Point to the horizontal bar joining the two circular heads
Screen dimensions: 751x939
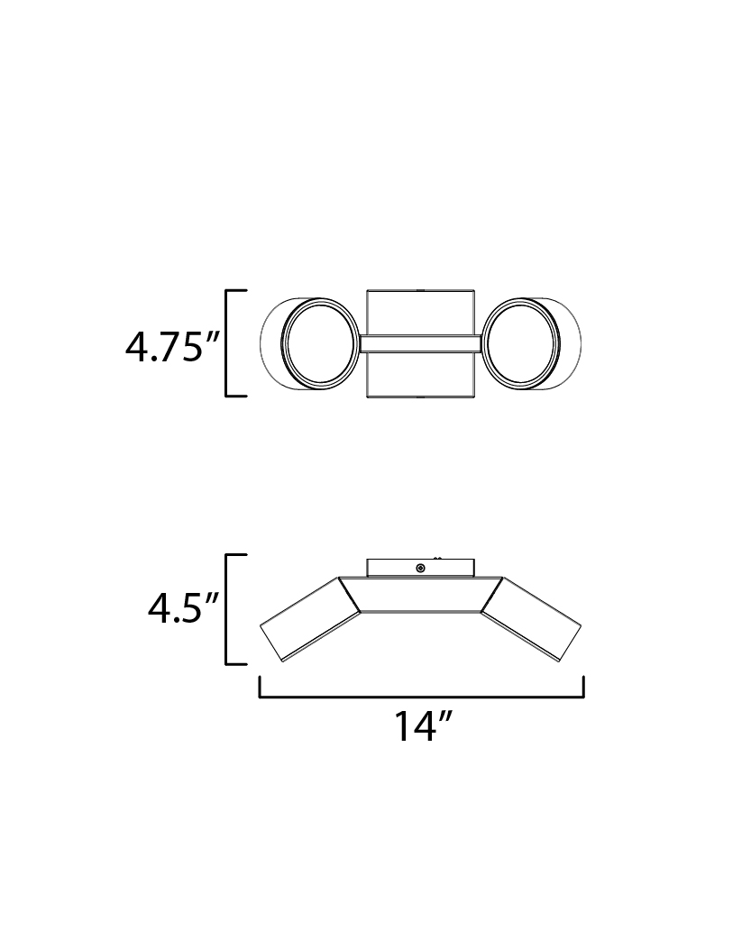(420, 343)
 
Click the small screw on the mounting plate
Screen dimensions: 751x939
(420, 568)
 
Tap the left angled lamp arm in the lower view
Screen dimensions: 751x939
(309, 619)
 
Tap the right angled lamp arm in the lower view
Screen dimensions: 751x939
(531, 619)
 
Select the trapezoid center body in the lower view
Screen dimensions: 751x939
(420, 595)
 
